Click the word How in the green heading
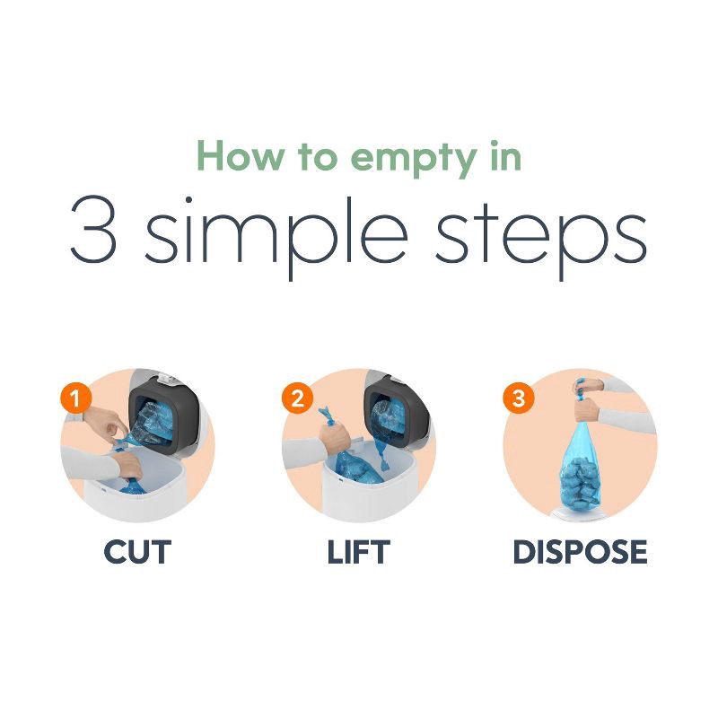click(x=236, y=155)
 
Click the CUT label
click(x=136, y=552)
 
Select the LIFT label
click(x=358, y=552)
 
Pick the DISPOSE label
click(x=580, y=552)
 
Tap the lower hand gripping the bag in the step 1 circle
click(x=126, y=468)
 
